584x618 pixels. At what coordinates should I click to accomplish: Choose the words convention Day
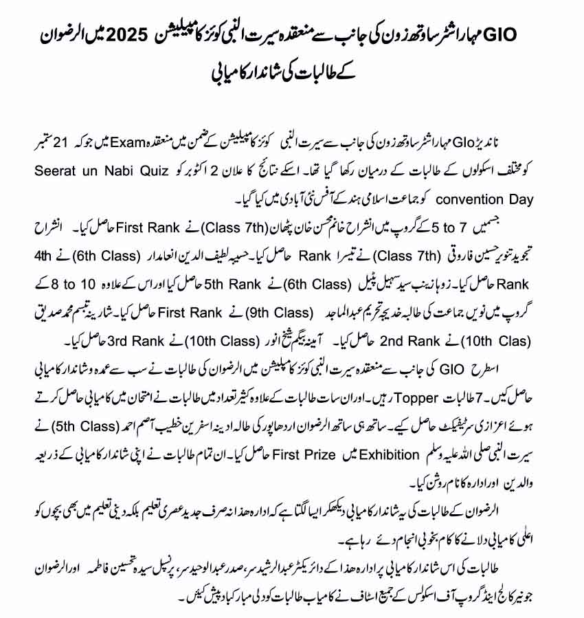[491, 199]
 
